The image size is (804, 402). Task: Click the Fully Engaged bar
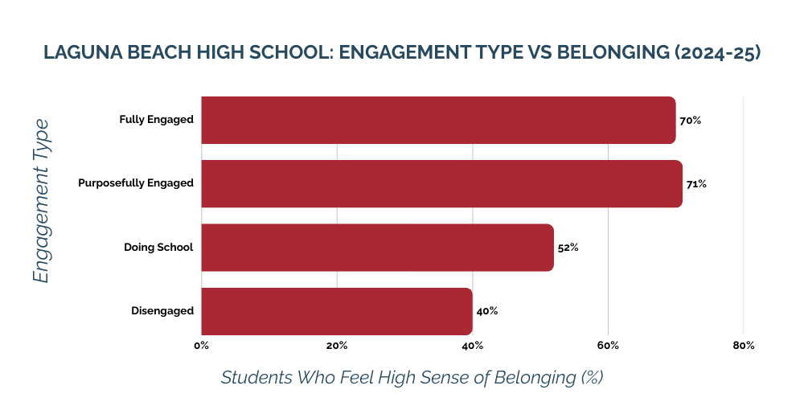tap(438, 120)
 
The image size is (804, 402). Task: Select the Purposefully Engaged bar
tap(441, 183)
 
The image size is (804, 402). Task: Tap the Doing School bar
tap(377, 247)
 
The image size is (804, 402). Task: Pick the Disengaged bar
tap(337, 311)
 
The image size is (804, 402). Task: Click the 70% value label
tap(690, 121)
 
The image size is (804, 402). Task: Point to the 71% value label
tap(696, 184)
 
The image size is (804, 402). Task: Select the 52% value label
tap(568, 248)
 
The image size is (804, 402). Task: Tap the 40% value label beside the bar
tap(486, 311)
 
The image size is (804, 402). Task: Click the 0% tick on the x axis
tap(201, 346)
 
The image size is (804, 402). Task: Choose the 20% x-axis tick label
tap(337, 346)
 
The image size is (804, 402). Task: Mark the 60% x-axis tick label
tap(608, 346)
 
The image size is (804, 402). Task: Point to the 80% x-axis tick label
tap(744, 346)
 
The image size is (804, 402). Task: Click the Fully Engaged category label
tap(156, 120)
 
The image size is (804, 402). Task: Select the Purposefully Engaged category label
tap(136, 183)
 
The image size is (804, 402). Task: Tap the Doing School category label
tap(158, 247)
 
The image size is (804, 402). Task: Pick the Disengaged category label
tap(162, 311)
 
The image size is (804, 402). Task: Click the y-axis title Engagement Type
tap(41, 201)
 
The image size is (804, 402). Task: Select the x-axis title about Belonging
tap(412, 377)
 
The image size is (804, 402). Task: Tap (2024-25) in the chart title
tap(717, 53)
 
